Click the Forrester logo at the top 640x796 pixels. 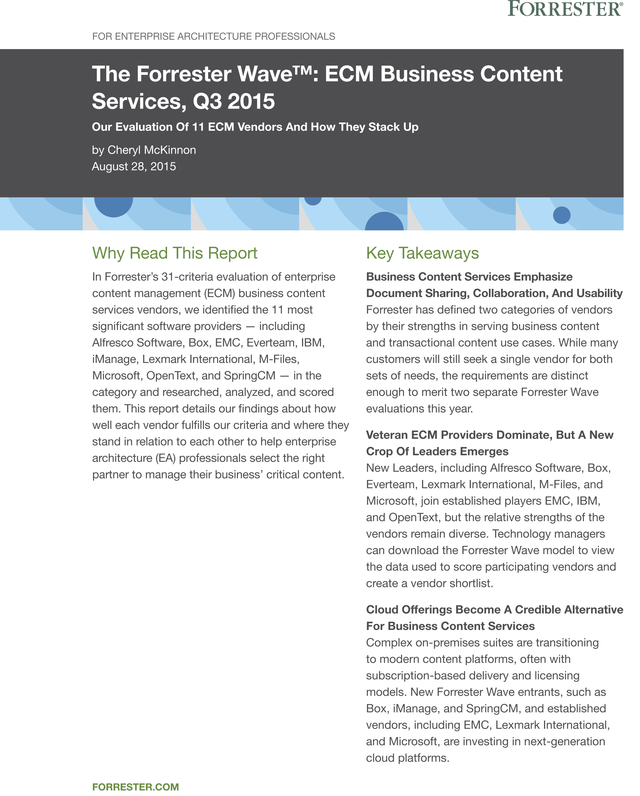(x=565, y=9)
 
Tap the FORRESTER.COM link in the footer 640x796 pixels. (x=135, y=787)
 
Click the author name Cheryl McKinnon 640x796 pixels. (x=152, y=150)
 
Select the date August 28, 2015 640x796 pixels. (x=134, y=167)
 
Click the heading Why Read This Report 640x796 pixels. (x=175, y=253)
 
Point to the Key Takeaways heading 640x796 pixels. (x=422, y=253)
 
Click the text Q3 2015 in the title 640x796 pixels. (x=234, y=101)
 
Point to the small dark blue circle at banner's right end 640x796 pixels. (x=561, y=215)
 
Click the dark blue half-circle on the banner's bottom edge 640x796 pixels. (x=384, y=222)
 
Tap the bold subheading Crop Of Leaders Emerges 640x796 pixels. (x=437, y=451)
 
